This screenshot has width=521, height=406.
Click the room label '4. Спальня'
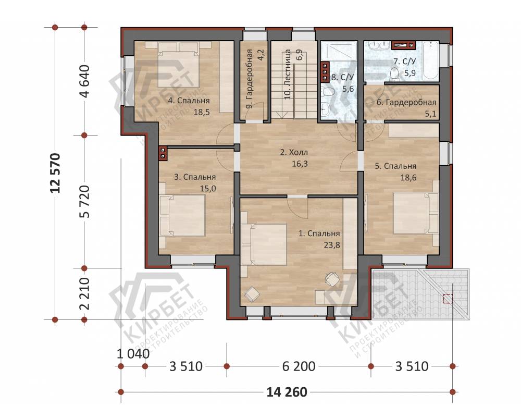(x=189, y=101)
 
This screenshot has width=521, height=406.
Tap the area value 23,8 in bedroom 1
(x=331, y=245)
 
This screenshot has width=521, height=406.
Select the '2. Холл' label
(x=294, y=153)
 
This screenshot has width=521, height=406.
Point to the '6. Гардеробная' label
(x=406, y=103)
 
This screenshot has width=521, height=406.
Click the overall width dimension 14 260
(x=287, y=392)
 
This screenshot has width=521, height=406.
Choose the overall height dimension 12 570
(x=55, y=173)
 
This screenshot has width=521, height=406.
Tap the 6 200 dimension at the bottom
(x=299, y=366)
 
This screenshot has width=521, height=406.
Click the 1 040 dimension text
(x=133, y=354)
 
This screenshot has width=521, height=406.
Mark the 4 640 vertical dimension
(x=85, y=81)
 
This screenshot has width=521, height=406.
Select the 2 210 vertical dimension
(x=85, y=293)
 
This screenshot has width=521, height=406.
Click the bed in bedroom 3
(x=182, y=215)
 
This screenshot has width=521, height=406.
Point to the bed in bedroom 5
(x=416, y=213)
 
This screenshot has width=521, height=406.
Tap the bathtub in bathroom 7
(x=431, y=60)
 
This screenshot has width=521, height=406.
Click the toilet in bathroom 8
(x=327, y=91)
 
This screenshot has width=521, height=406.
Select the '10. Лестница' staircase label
(x=289, y=75)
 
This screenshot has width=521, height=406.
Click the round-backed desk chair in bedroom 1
(x=332, y=279)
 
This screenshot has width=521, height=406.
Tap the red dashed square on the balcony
(x=448, y=299)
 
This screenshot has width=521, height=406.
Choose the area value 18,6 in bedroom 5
(x=408, y=177)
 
